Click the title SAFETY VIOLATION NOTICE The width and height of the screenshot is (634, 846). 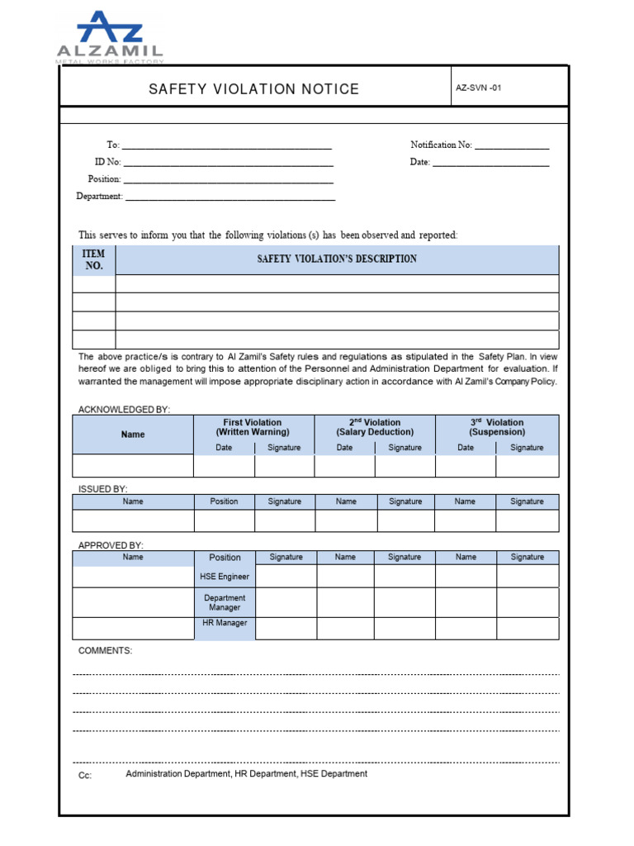pos(253,89)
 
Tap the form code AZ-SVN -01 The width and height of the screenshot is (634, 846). pos(478,88)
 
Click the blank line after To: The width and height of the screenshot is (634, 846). pos(227,146)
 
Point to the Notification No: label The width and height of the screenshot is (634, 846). pos(441,145)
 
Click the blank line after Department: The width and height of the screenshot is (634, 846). pos(230,198)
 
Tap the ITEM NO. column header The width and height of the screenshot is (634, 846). pos(94,259)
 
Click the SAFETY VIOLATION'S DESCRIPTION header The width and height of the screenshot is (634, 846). pos(337,259)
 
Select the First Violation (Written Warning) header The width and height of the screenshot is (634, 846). pos(253,427)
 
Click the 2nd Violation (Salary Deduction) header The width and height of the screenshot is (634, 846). pos(375,427)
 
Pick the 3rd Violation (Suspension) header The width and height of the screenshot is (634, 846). pos(497,427)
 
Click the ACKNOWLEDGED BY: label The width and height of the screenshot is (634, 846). pos(124,410)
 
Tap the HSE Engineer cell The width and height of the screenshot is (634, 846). pos(225,577)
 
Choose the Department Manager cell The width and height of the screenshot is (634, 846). pos(225,602)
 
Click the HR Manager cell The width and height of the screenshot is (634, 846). pos(225,623)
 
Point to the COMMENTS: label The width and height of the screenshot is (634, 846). pos(105,651)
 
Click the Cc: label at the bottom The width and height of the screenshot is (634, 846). pos(85,776)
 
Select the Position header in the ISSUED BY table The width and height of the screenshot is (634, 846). pos(224,501)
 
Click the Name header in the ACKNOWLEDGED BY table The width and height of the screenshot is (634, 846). pos(133,435)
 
